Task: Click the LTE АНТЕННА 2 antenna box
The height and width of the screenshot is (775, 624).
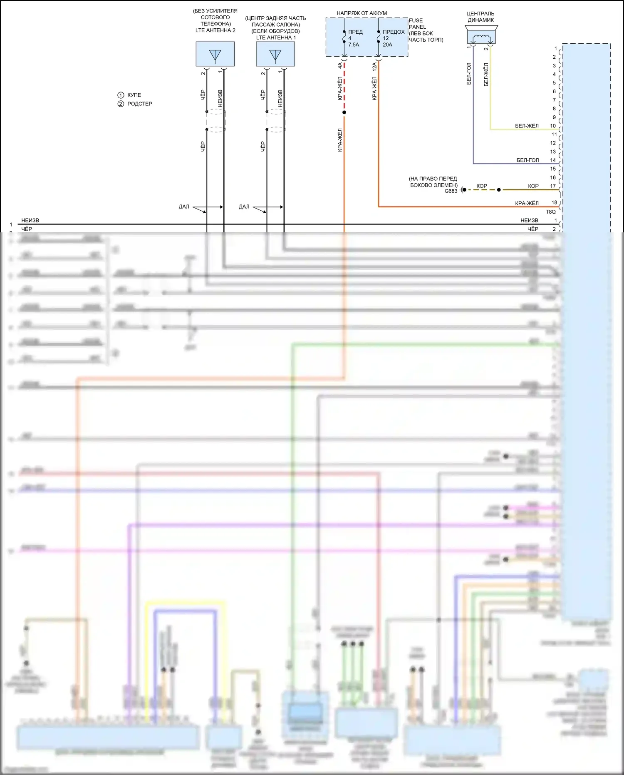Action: (215, 54)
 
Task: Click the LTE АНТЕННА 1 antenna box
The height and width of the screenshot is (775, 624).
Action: (275, 54)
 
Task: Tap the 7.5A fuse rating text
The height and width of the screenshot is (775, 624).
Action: (354, 45)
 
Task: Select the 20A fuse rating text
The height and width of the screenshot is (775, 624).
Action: (387, 45)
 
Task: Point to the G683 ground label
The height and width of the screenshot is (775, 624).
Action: (451, 191)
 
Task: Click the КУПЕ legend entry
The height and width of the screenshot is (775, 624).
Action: (134, 95)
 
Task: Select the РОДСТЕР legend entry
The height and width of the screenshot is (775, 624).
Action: (139, 104)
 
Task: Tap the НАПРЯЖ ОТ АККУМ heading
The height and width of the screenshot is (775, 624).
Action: (362, 13)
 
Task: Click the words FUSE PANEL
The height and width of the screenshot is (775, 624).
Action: (416, 23)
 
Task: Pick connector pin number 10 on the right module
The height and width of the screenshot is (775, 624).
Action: (553, 126)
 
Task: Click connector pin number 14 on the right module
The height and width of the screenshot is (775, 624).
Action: (553, 160)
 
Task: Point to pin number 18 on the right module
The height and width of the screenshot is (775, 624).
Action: (554, 203)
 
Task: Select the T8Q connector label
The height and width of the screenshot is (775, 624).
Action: (550, 212)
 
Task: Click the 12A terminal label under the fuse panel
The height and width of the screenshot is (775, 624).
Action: (374, 67)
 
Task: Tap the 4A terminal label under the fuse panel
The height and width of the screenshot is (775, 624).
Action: (340, 66)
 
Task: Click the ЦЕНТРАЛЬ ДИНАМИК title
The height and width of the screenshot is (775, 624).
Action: (480, 17)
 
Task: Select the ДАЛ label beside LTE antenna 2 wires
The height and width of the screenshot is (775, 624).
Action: (184, 207)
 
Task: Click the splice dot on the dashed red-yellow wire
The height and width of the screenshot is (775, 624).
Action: (344, 112)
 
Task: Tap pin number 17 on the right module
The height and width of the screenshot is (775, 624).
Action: (553, 186)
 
